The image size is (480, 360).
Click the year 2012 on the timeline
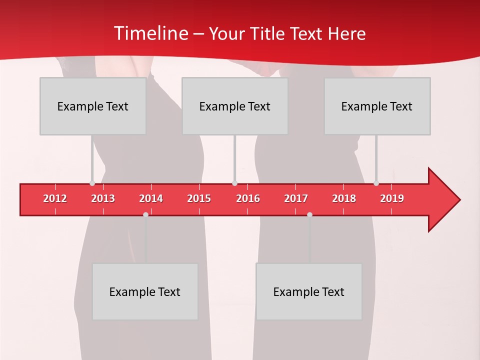tap(55, 198)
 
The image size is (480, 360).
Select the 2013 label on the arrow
tap(103, 198)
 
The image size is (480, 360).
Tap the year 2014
tap(151, 198)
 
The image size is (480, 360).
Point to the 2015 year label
tap(199, 198)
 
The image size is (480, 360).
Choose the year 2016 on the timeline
tap(248, 198)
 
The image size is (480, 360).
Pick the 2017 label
tap(296, 198)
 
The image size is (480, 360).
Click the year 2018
tap(344, 198)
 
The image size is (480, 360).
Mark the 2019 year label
tap(392, 198)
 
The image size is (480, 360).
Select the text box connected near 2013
tap(93, 106)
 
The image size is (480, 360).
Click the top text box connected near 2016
tap(235, 106)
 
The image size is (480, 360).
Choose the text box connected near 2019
tap(377, 106)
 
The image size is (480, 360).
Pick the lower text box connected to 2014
tap(145, 291)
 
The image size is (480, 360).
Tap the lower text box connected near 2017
tap(309, 291)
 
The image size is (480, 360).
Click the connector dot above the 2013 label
tap(92, 183)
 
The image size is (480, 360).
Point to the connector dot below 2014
tap(145, 214)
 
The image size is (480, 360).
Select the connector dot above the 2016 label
tap(234, 183)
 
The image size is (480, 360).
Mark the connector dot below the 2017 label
tap(309, 214)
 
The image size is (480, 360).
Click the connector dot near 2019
tap(376, 183)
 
